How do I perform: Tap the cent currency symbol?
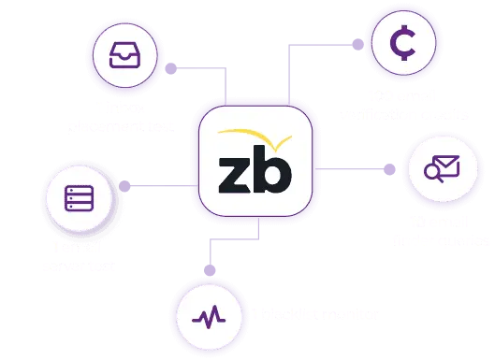[402, 43]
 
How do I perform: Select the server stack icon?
[79, 199]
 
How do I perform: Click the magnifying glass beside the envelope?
[433, 171]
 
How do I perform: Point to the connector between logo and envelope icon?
[360, 166]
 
